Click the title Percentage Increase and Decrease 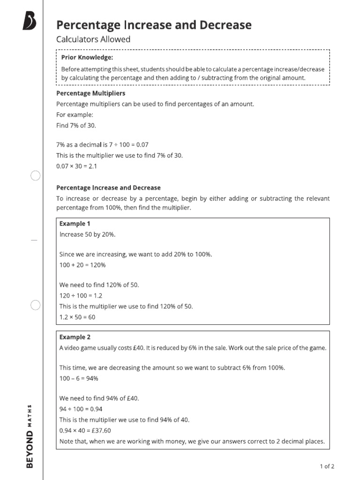tap(154, 25)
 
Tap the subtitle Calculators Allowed tap(93, 39)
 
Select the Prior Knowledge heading tap(87, 58)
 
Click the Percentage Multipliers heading tap(91, 93)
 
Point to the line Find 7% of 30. tap(76, 125)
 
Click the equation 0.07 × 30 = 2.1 tap(76, 166)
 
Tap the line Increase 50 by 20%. tap(88, 234)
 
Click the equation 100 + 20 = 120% tap(82, 265)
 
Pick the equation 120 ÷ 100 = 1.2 tap(81, 296)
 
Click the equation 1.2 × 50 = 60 tap(77, 317)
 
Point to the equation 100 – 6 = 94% tap(79, 378)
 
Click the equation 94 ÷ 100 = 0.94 tap(81, 409)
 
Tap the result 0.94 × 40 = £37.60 tap(85, 430)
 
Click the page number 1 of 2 tap(327, 466)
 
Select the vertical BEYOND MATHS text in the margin tap(30, 436)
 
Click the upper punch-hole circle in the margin tap(36, 176)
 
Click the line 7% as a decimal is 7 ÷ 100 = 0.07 tap(102, 145)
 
